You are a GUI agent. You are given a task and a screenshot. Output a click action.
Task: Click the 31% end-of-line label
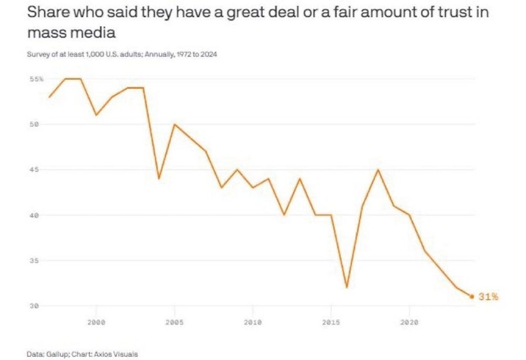(x=488, y=297)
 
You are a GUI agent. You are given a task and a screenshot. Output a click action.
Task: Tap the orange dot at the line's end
(x=472, y=296)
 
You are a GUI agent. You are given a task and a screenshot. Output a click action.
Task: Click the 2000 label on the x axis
(x=96, y=322)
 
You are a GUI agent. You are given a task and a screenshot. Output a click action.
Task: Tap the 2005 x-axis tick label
(x=174, y=322)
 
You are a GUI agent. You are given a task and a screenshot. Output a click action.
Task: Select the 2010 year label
(x=252, y=322)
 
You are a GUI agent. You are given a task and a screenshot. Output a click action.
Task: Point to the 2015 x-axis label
(x=331, y=322)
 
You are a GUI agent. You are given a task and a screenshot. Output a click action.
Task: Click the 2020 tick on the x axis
(x=409, y=322)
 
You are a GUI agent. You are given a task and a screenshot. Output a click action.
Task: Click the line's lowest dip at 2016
(x=347, y=287)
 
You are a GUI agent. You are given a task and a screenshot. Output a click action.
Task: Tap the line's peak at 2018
(x=378, y=170)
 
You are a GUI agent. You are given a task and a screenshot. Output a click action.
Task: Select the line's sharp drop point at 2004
(x=159, y=179)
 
